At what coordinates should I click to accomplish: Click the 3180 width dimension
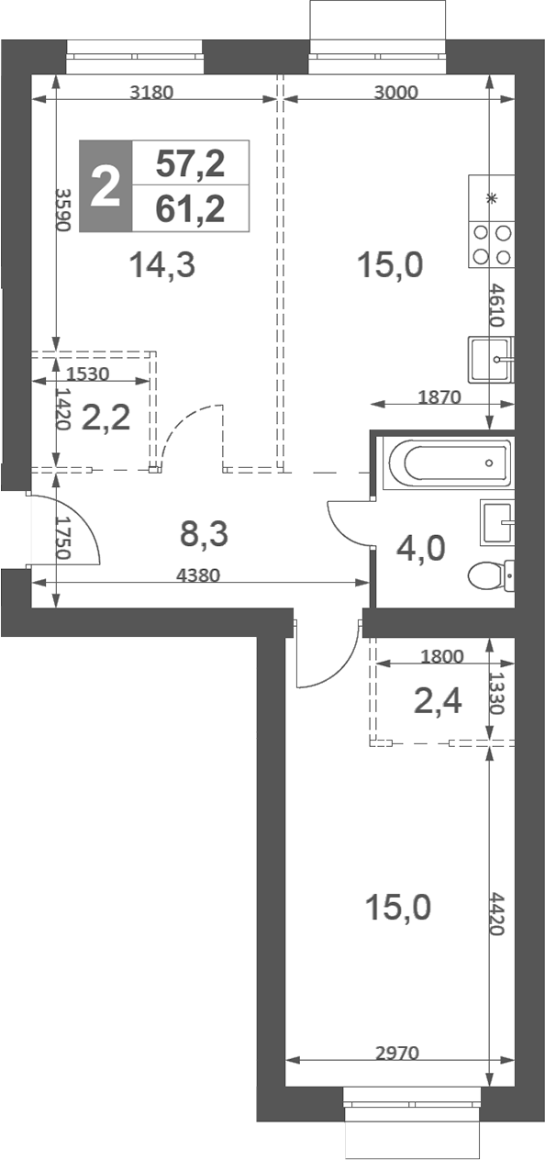(x=151, y=93)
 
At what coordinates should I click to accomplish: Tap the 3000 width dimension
(x=396, y=93)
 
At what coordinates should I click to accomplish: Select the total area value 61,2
(x=191, y=209)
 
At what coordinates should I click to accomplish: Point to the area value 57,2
(x=191, y=163)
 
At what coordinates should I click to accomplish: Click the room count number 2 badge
(x=106, y=186)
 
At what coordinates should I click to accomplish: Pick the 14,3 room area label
(x=162, y=264)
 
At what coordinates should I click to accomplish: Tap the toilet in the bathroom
(x=491, y=575)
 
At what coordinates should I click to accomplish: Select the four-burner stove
(x=492, y=244)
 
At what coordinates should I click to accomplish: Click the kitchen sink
(x=491, y=360)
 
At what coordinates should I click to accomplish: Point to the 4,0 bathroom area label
(x=421, y=549)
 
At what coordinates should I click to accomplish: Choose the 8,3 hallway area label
(x=204, y=533)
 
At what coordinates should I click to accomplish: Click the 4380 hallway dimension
(x=198, y=575)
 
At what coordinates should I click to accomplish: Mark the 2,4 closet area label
(x=438, y=702)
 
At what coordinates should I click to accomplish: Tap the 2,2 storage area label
(x=106, y=418)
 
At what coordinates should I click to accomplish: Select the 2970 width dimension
(x=397, y=1053)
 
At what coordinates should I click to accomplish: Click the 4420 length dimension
(x=497, y=913)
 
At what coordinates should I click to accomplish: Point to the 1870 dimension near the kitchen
(x=439, y=397)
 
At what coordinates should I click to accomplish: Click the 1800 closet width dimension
(x=442, y=657)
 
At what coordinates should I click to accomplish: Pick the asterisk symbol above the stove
(x=492, y=198)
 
